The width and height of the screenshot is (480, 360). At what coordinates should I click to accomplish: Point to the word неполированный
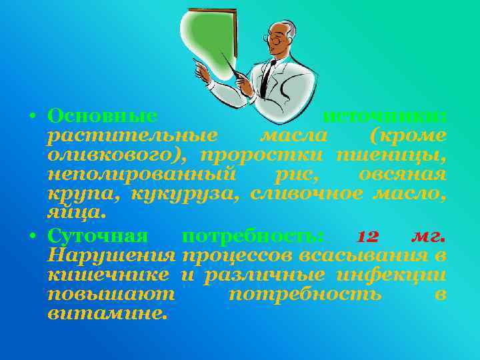142,175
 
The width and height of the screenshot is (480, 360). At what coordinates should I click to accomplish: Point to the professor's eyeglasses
275,39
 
